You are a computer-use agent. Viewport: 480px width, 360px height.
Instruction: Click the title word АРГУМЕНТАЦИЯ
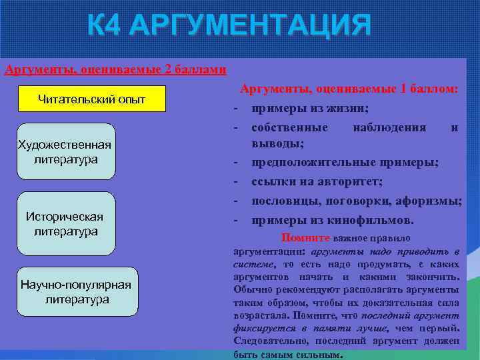[x=250, y=27]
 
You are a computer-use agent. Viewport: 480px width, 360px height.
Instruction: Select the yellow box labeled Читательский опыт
[x=91, y=99]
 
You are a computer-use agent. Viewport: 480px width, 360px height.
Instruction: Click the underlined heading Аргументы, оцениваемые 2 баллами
[x=115, y=69]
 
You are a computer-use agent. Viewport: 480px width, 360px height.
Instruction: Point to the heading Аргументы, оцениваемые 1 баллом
[x=349, y=89]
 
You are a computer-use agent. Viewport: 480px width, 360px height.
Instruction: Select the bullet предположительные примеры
[x=345, y=162]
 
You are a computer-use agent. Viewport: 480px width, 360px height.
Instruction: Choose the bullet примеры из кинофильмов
[x=332, y=220]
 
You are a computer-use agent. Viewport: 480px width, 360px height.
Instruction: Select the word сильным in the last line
[x=317, y=355]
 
